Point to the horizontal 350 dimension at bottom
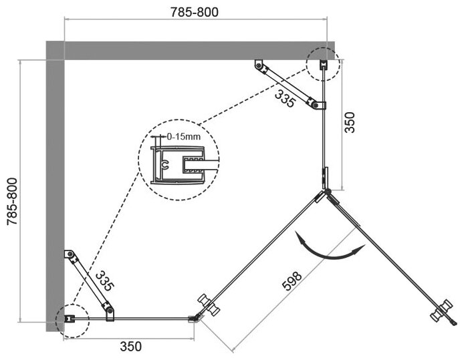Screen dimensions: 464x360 [130, 346]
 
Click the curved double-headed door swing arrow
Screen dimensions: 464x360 [329, 248]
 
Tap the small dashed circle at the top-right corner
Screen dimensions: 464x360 [322, 64]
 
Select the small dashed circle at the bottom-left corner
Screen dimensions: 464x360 [70, 319]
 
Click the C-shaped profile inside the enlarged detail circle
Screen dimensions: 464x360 [164, 162]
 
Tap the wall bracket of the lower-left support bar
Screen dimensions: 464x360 [68, 254]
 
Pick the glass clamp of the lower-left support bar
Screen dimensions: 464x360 [108, 309]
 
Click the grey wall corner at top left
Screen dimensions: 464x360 [55, 51]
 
